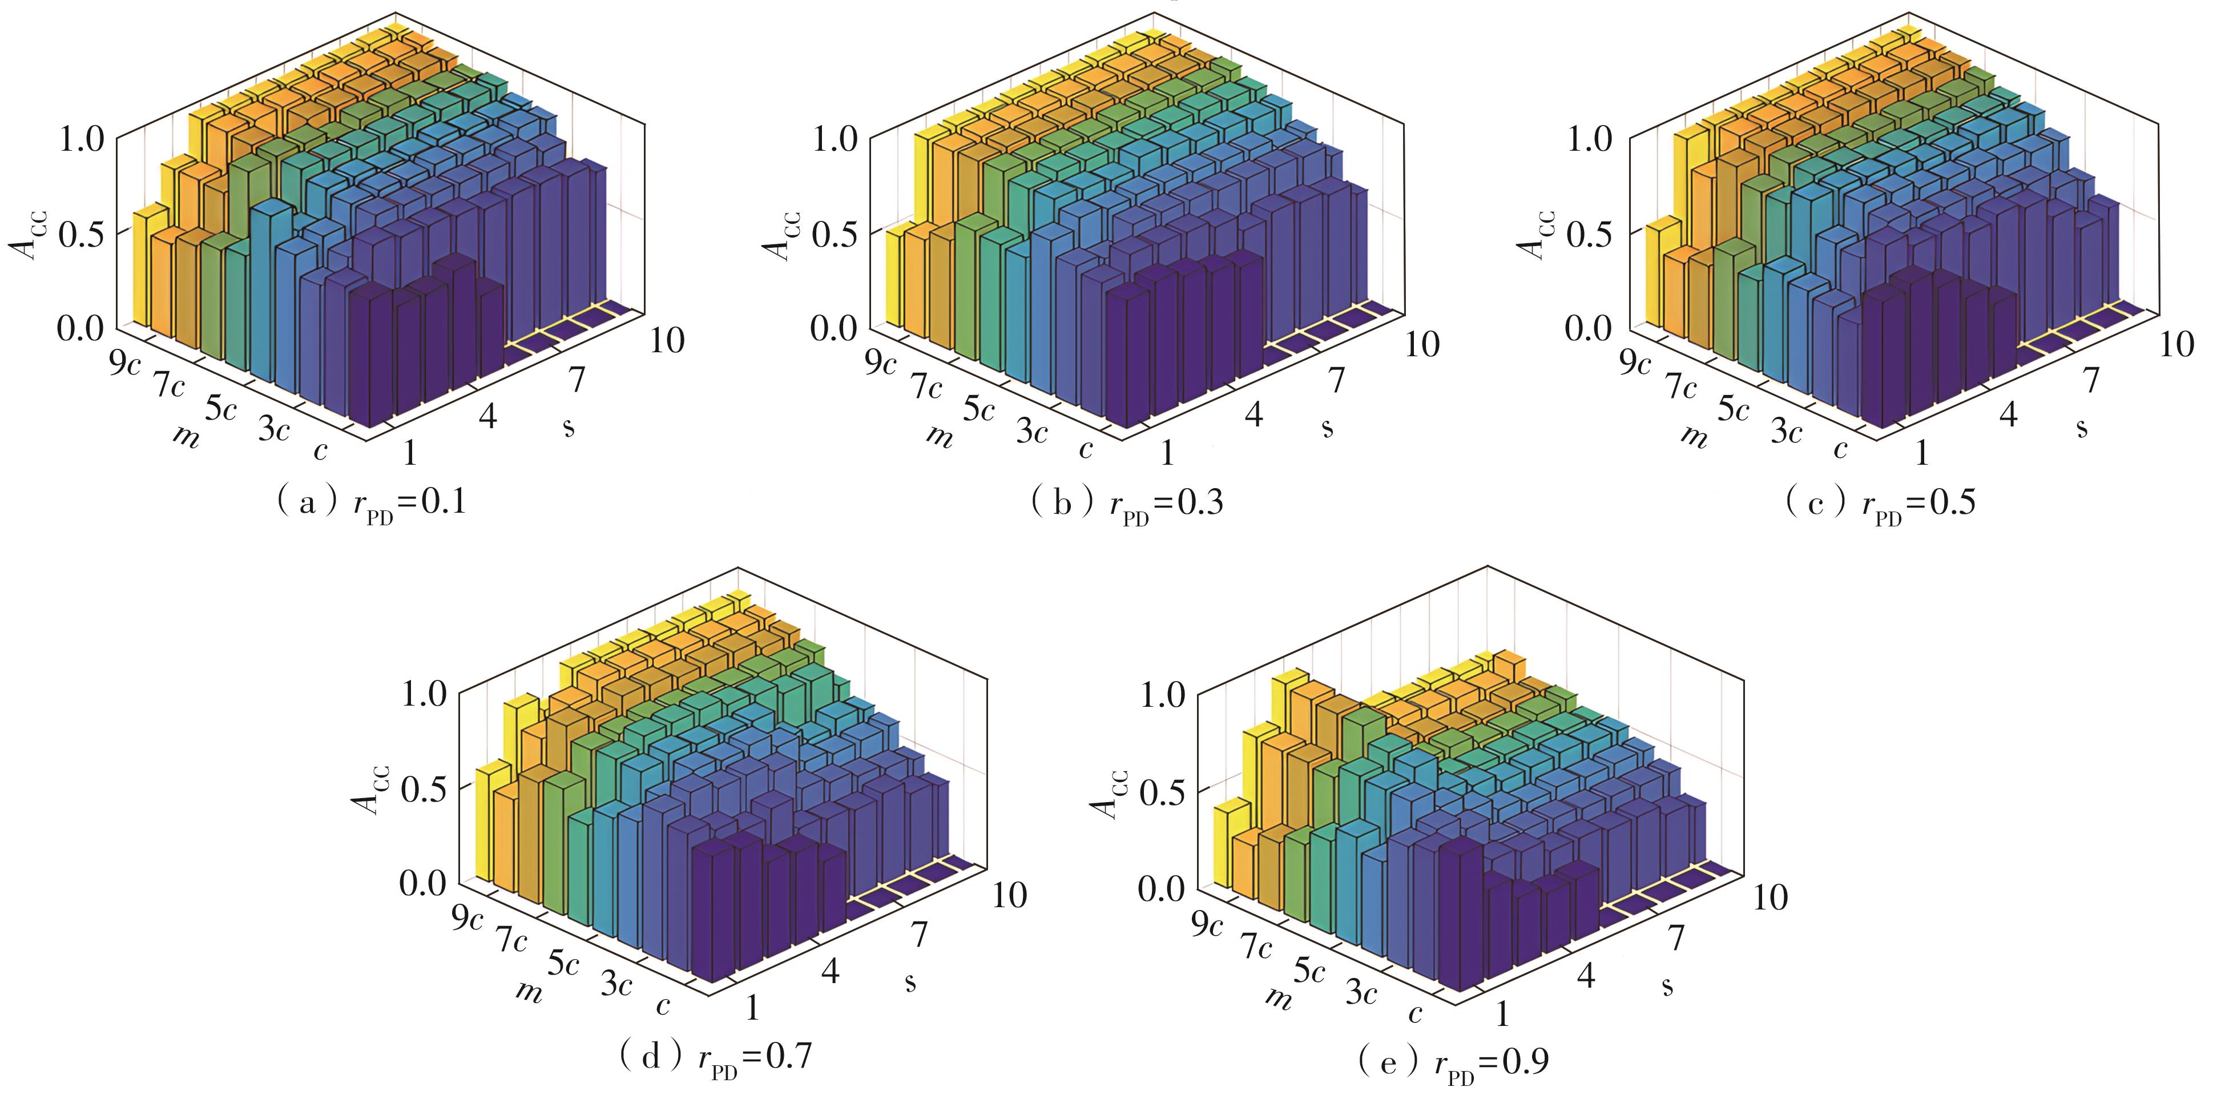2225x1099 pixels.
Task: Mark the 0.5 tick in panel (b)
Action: [x=836, y=234]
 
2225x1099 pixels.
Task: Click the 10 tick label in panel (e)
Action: [x=1769, y=897]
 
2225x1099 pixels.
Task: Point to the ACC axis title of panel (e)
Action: [x=1105, y=793]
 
